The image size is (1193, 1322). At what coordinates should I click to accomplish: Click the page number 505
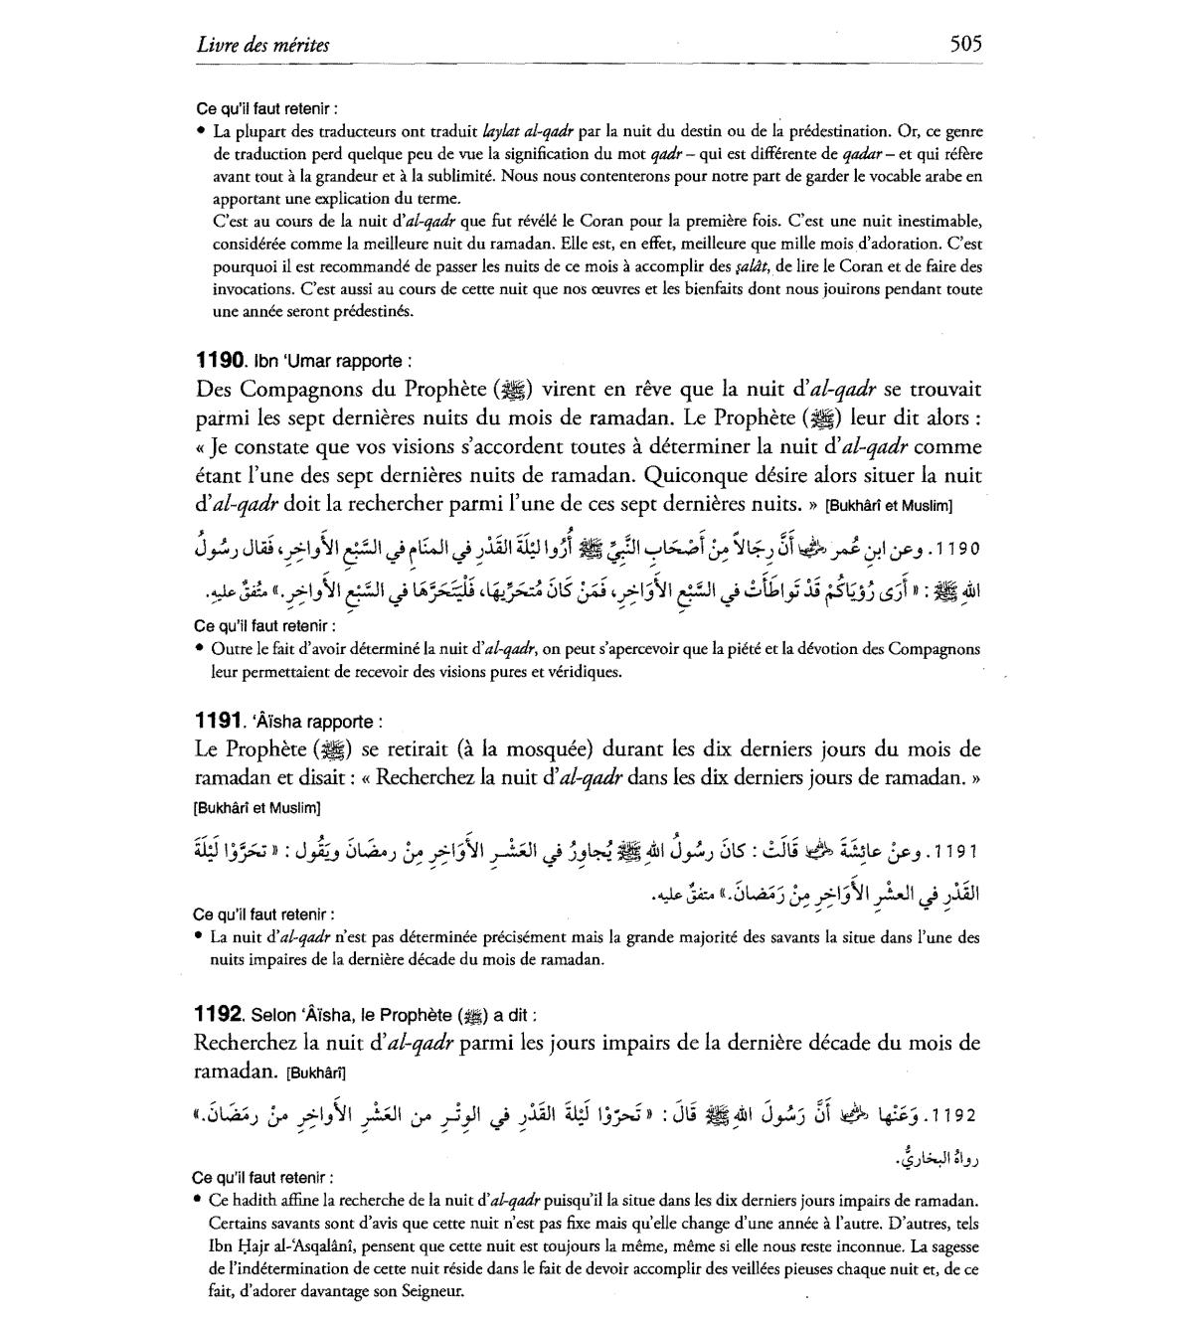[965, 44]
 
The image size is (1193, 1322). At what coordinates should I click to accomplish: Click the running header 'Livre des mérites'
[263, 45]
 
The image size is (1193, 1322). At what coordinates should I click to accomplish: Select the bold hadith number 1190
[220, 361]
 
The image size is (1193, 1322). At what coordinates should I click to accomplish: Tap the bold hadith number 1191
[220, 721]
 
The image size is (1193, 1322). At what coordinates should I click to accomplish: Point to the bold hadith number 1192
[220, 1014]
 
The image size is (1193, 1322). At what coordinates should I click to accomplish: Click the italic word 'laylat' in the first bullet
[502, 130]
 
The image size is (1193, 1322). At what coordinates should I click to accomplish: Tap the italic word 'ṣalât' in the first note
[752, 266]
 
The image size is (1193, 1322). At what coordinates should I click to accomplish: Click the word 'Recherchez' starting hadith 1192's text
[248, 1043]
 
